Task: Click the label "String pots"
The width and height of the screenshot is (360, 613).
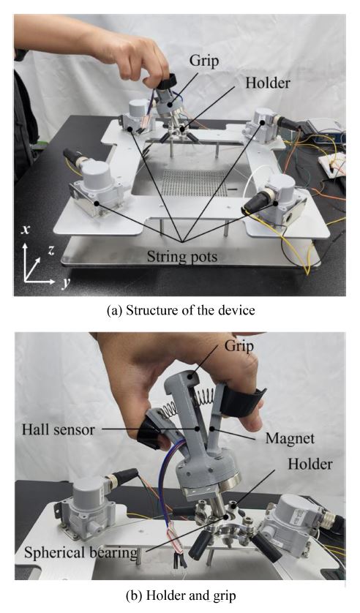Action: click(182, 257)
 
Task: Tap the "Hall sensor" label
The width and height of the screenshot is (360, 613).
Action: click(59, 429)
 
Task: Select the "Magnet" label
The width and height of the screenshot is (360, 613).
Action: click(290, 438)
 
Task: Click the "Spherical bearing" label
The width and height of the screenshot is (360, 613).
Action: click(81, 553)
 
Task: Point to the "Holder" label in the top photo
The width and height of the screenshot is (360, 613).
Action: click(268, 83)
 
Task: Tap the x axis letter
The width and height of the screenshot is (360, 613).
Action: click(26, 229)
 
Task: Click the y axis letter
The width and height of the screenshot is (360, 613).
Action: click(65, 283)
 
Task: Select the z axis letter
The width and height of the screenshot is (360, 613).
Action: click(50, 251)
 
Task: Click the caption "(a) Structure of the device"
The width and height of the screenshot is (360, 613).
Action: click(181, 310)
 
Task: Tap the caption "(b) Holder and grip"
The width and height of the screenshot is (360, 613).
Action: click(181, 595)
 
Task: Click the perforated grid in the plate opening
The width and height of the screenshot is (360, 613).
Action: click(194, 183)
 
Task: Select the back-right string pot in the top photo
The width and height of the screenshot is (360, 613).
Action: click(266, 124)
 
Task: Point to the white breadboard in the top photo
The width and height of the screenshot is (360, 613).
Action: click(333, 162)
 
